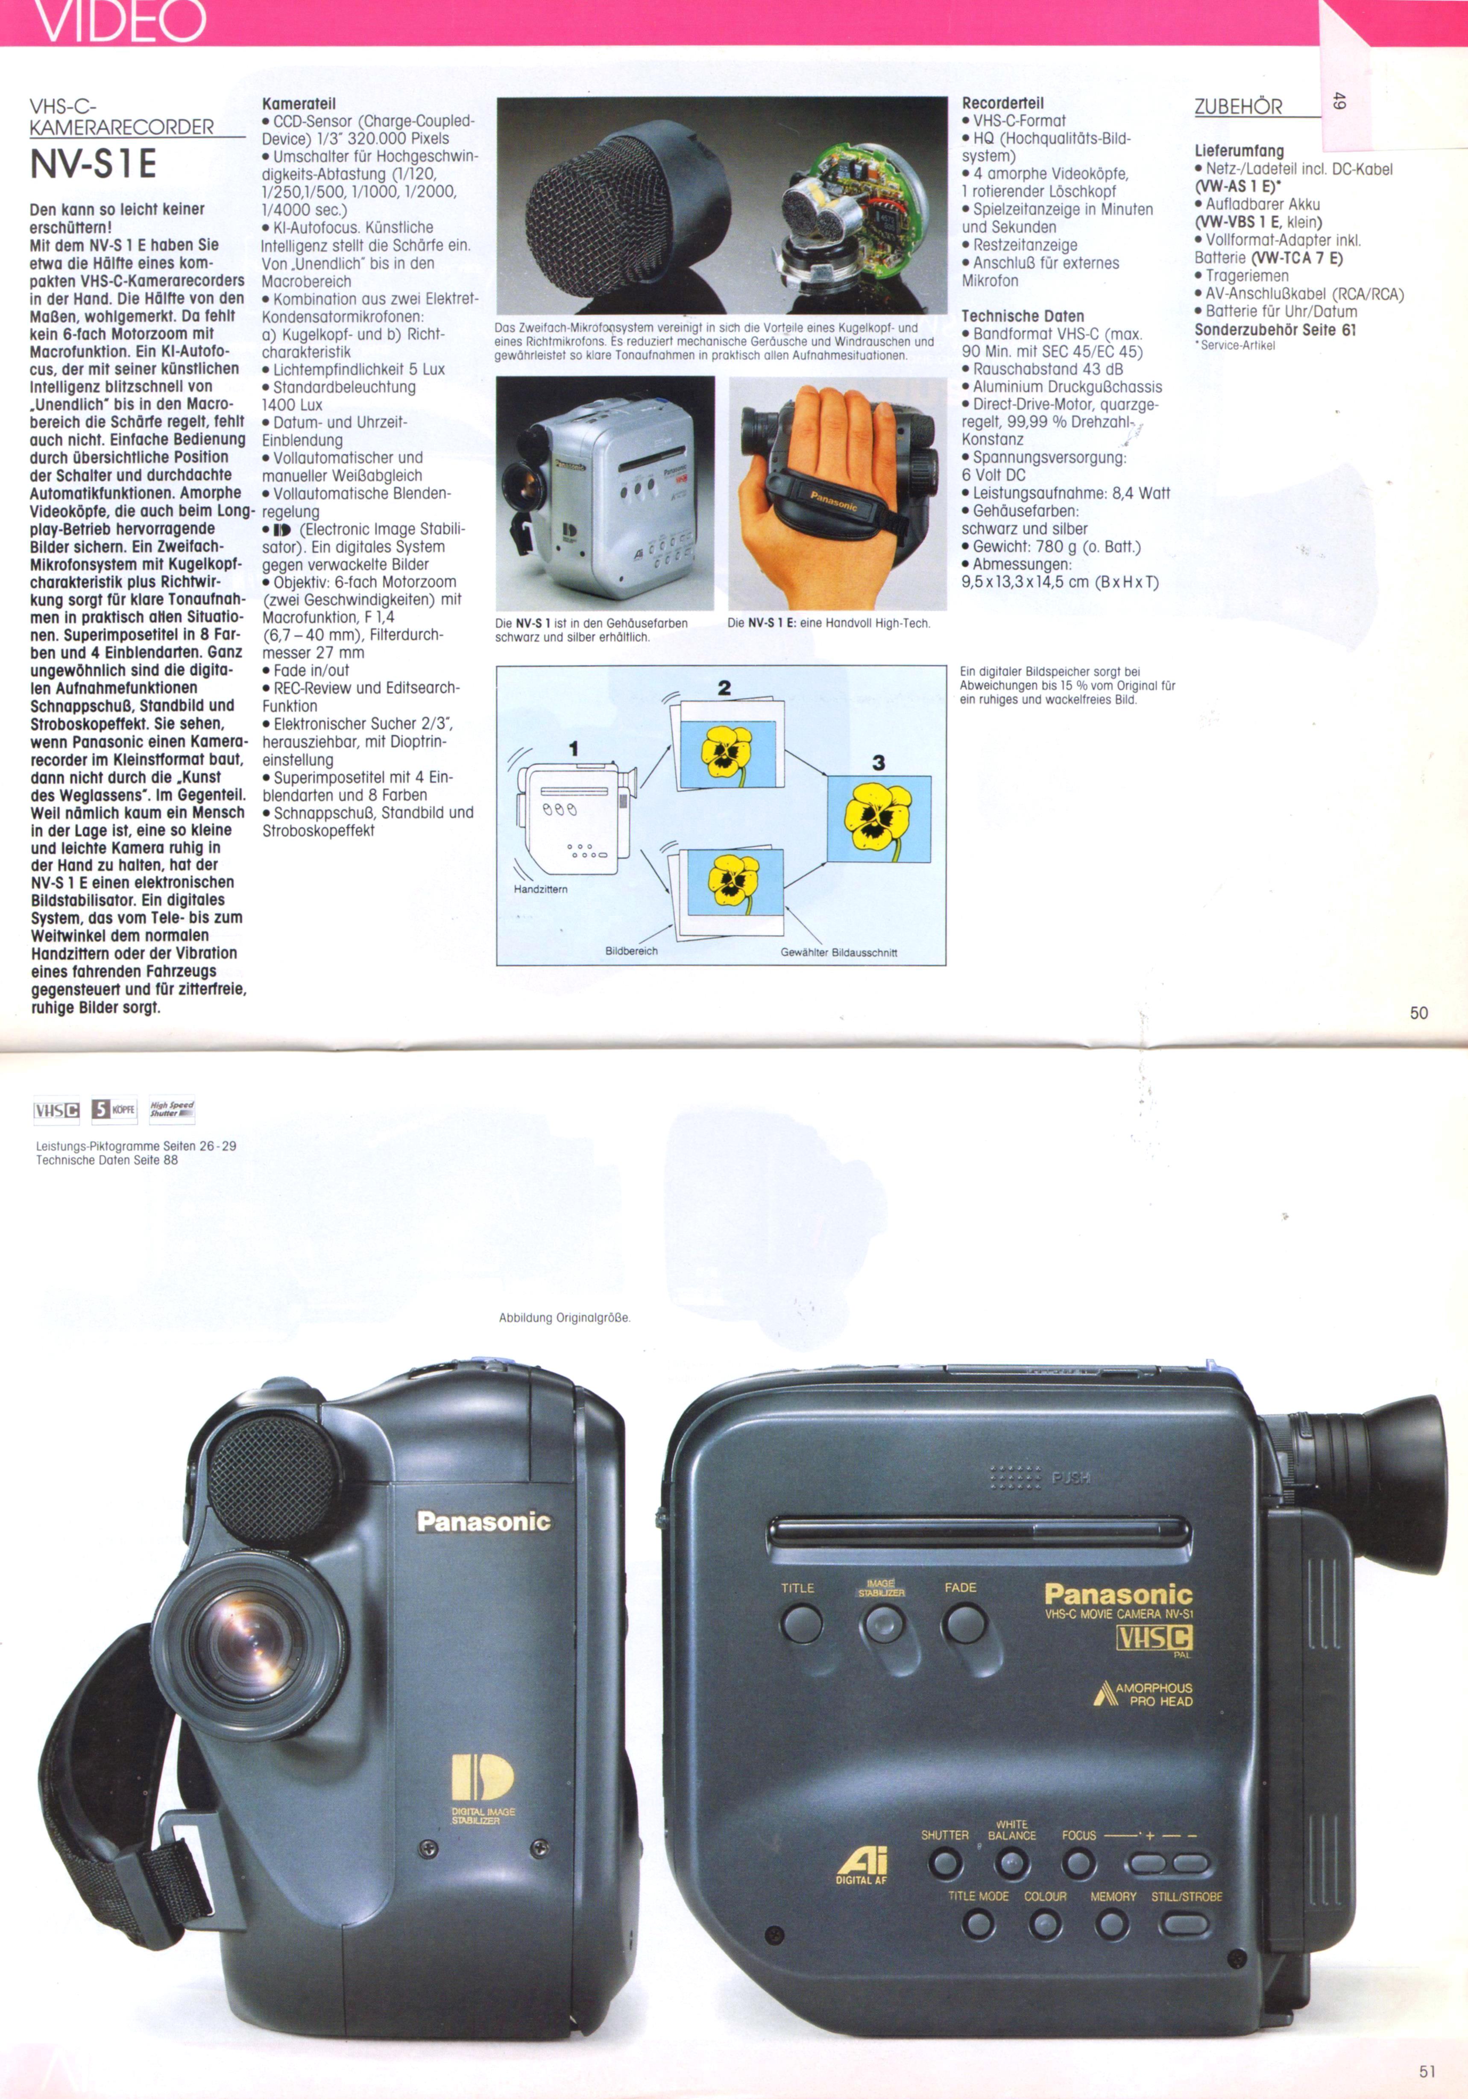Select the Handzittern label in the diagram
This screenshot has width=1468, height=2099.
540,889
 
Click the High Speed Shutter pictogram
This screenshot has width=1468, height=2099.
172,1110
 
